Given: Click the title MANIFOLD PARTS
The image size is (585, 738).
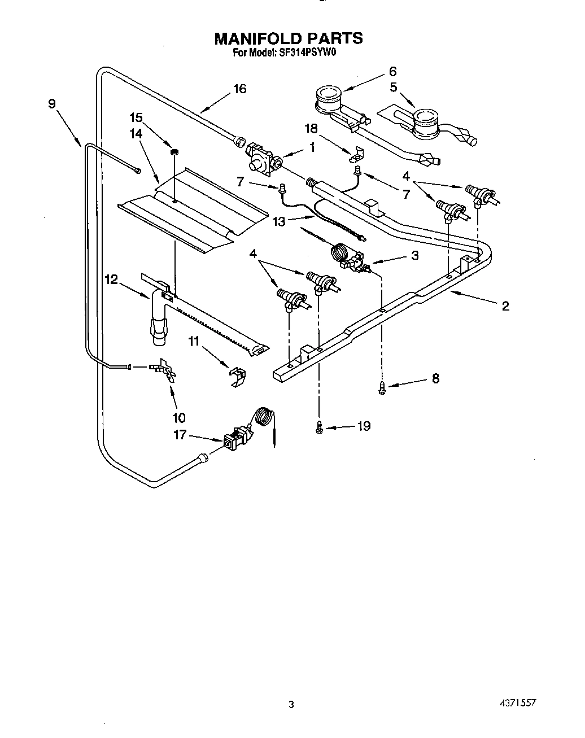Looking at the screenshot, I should (288, 38).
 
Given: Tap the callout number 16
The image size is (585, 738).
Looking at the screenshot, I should (240, 89).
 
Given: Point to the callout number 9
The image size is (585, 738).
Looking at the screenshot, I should (52, 103).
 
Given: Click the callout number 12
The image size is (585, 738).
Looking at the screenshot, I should (111, 279).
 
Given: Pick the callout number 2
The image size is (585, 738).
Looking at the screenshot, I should (505, 306).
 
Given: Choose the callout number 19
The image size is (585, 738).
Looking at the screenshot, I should (364, 426).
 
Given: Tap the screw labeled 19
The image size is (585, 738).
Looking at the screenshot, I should (320, 428).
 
